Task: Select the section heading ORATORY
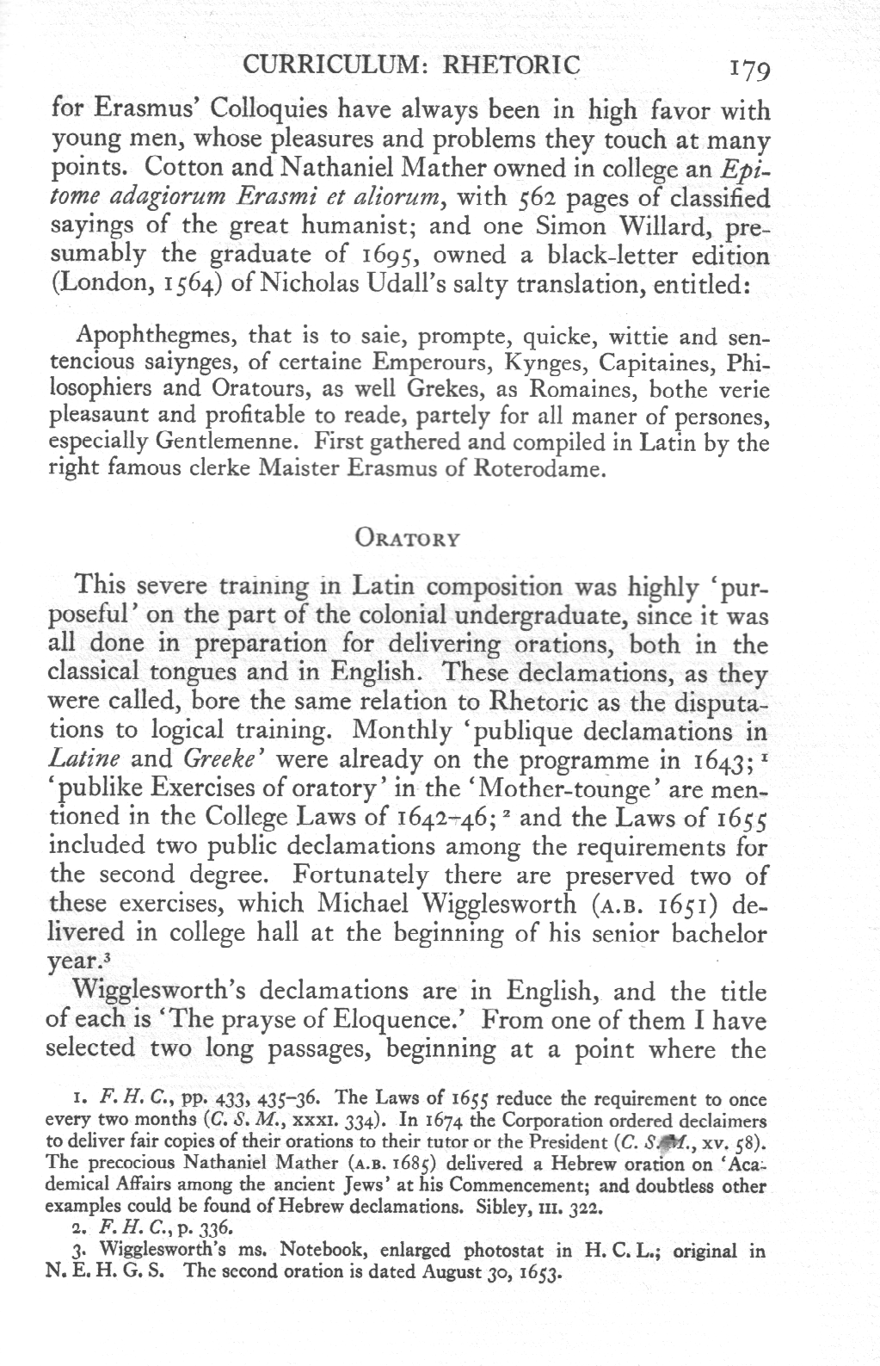(407, 540)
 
